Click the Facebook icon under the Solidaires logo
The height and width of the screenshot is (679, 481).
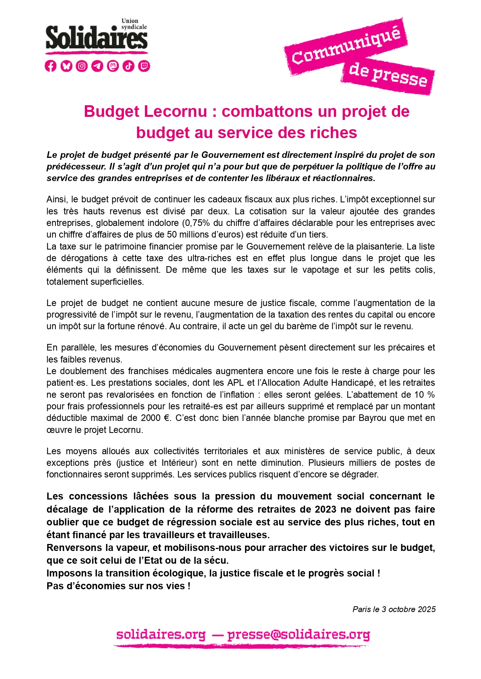pos(50,66)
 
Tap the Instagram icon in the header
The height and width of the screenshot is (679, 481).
pos(82,66)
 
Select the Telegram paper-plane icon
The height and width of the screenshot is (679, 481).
pos(97,66)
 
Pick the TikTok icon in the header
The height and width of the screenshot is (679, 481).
pos(129,66)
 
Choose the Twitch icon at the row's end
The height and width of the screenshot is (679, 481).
pos(144,66)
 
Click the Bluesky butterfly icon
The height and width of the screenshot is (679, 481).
pos(66,66)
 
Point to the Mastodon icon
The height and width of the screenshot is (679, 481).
pos(113,66)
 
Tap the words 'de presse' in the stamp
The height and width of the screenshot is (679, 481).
pos(388,75)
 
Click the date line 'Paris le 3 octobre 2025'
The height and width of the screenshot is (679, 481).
pos(394,609)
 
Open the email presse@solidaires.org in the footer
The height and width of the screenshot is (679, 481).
pos(298,635)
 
